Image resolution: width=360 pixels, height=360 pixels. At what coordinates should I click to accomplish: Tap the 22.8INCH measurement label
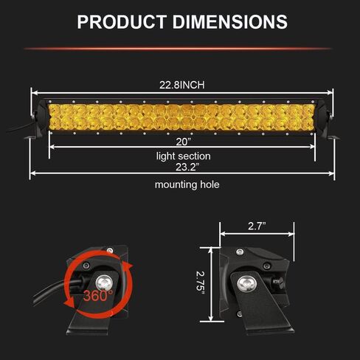[182, 85]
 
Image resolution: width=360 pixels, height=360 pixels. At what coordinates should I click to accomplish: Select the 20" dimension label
[184, 140]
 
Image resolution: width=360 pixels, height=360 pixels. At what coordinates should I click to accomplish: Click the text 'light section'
[183, 156]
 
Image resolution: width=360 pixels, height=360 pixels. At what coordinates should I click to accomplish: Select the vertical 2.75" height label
[199, 283]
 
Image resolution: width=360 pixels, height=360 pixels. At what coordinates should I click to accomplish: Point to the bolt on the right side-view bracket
[246, 281]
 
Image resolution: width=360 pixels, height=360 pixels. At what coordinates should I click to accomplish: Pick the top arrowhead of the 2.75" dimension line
[213, 249]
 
